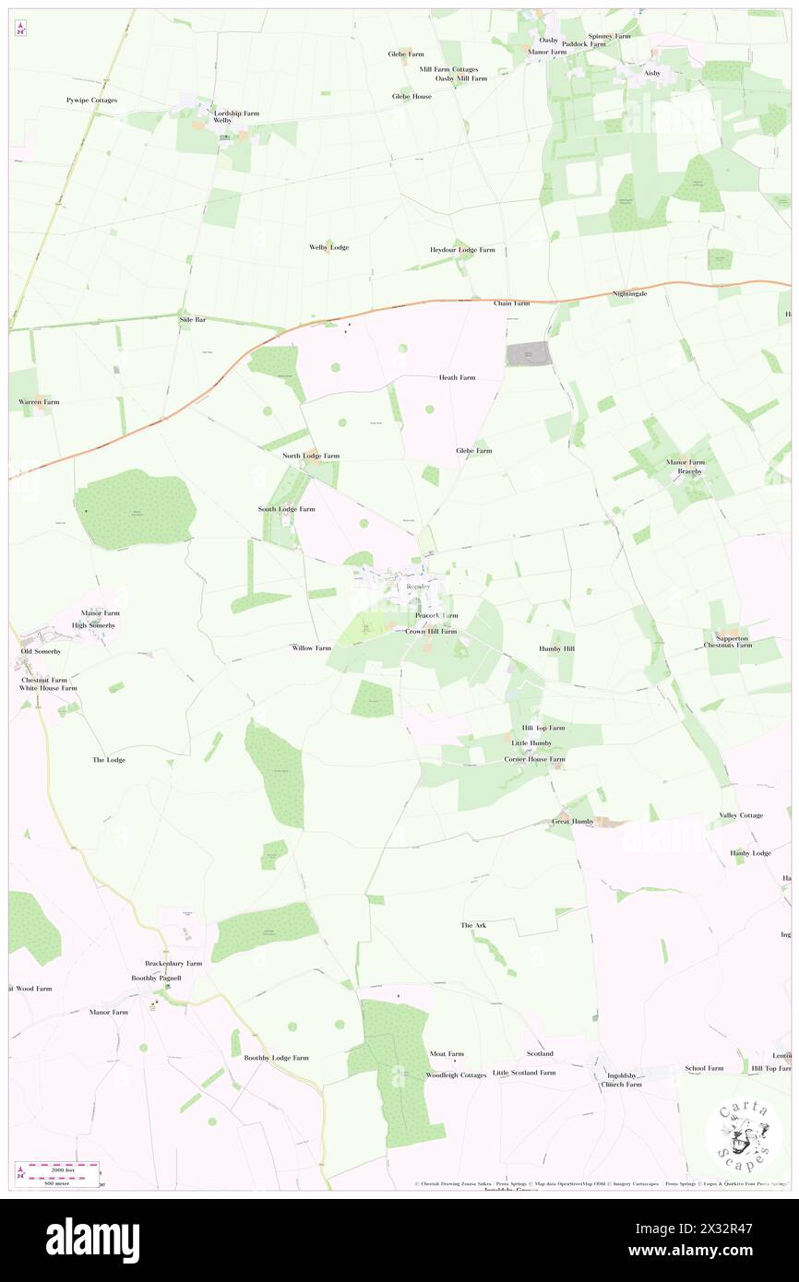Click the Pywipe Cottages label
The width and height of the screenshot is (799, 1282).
(x=91, y=100)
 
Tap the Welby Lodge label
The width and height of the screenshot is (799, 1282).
(x=328, y=247)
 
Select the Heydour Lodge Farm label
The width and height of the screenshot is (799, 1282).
(x=462, y=250)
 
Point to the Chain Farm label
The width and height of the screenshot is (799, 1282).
(x=511, y=303)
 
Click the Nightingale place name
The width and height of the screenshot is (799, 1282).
(x=629, y=293)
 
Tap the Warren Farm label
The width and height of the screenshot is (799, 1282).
(x=39, y=402)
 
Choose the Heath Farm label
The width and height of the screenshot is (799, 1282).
(x=457, y=377)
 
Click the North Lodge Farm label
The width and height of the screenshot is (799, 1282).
(x=311, y=456)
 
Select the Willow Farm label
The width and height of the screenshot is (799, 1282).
(x=311, y=647)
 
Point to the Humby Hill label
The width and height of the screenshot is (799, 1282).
(x=556, y=648)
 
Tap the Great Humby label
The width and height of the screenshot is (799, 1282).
(x=572, y=821)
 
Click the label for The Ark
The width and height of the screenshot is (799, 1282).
(x=473, y=924)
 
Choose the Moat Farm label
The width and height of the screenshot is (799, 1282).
(x=447, y=1053)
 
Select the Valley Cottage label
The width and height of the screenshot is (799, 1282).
(x=741, y=815)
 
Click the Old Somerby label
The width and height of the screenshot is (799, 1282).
(x=41, y=651)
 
